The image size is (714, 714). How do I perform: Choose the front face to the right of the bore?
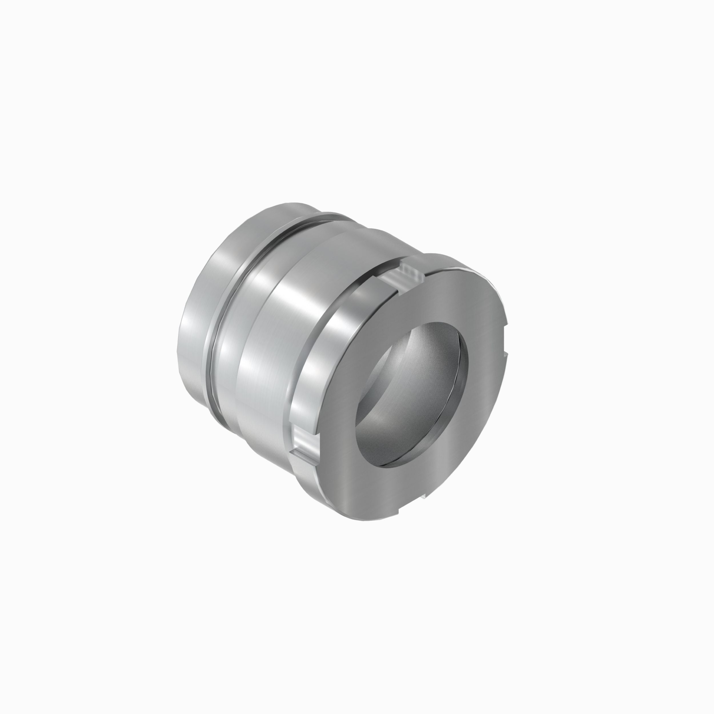pos(484,370)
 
